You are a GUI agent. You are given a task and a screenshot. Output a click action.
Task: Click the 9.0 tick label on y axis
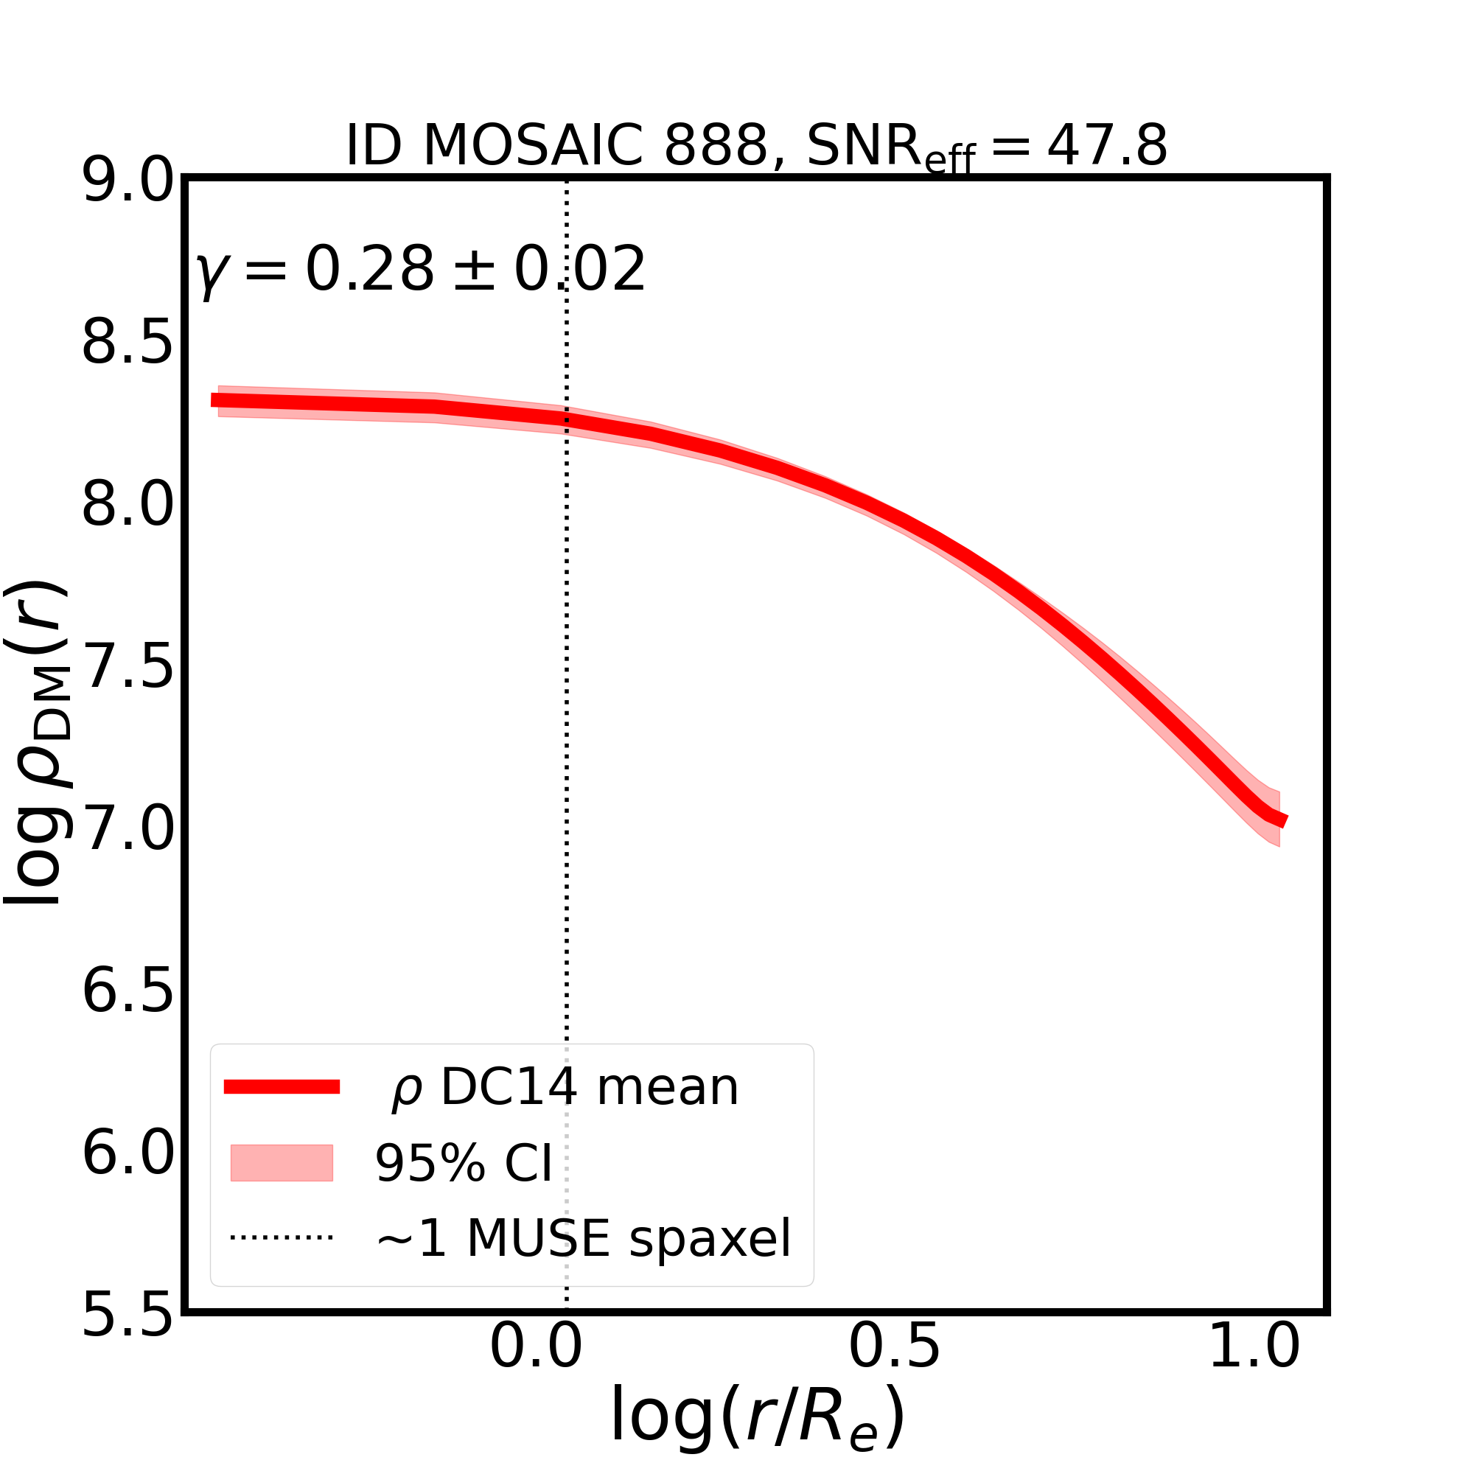(128, 182)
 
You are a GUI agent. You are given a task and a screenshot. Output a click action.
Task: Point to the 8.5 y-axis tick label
(128, 344)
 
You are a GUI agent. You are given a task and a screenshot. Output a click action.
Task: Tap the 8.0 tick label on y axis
(128, 506)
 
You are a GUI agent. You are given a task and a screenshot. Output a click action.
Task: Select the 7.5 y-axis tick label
(128, 668)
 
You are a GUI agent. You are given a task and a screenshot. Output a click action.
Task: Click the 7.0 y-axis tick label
(128, 831)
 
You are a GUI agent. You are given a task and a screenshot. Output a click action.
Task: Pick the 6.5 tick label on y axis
(128, 993)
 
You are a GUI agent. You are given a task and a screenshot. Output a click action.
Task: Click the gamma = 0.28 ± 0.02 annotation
(420, 270)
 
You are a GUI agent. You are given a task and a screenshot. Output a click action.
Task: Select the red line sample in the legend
(282, 1087)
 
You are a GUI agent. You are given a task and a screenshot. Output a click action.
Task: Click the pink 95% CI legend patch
(282, 1163)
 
